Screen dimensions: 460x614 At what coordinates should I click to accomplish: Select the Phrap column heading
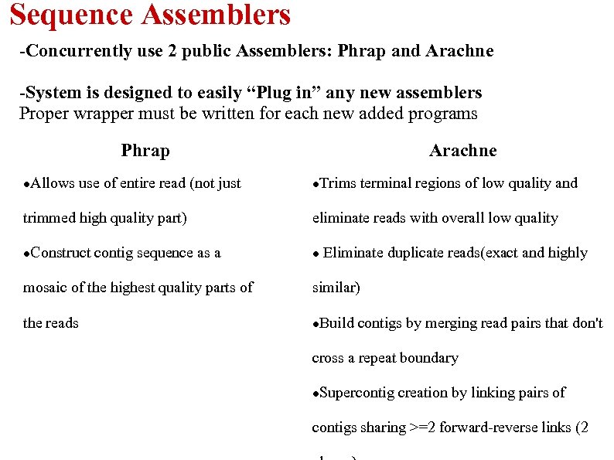click(145, 150)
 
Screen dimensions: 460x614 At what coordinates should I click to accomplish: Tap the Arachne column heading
click(462, 150)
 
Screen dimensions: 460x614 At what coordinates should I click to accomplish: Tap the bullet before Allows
click(27, 185)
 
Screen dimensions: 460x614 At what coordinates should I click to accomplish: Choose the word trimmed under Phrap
click(48, 218)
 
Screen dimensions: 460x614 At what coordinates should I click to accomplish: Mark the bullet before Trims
click(316, 185)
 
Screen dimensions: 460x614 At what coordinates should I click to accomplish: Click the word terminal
click(384, 183)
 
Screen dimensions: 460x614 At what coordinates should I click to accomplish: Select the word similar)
click(336, 288)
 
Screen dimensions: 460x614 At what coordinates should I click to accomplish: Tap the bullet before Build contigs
click(316, 324)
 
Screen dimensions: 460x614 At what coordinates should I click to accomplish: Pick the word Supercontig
click(356, 393)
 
